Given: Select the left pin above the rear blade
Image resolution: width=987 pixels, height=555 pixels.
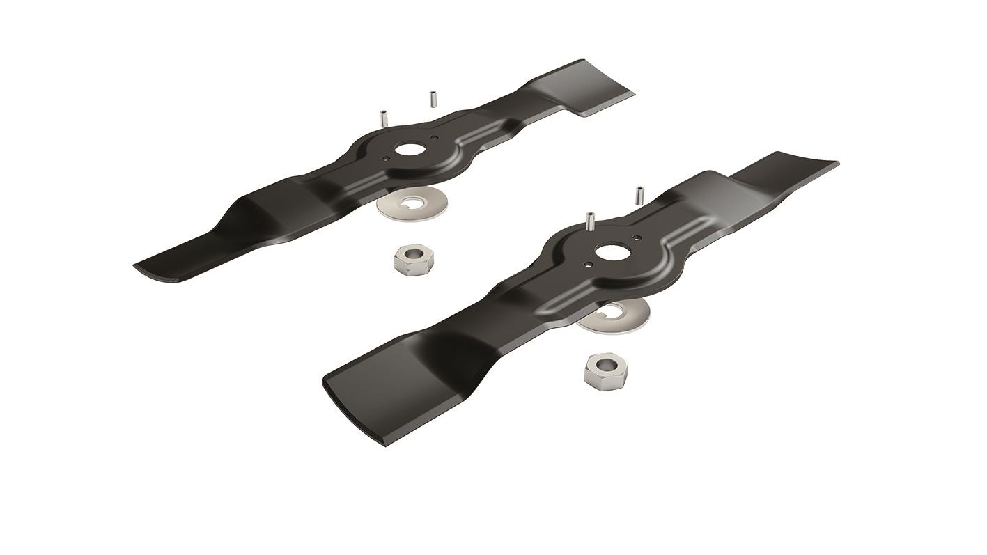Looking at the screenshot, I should tap(383, 118).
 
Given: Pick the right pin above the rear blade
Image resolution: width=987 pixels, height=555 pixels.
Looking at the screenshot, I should tap(433, 98).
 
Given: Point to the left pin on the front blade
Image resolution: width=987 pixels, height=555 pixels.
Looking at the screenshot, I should tap(590, 221).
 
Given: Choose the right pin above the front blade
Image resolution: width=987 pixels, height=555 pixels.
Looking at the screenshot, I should tap(637, 194).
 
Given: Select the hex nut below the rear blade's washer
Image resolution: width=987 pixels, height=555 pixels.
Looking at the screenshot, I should tap(413, 260).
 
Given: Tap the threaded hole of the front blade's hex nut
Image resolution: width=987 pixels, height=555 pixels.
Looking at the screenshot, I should tap(601, 365).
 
